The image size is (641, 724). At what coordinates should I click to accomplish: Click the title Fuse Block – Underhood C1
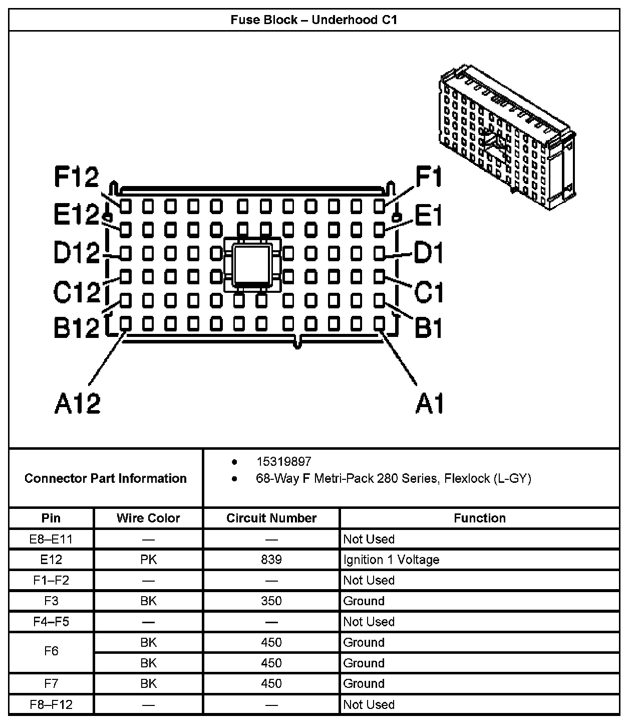coord(313,20)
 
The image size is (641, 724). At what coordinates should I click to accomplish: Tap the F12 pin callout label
coord(77,177)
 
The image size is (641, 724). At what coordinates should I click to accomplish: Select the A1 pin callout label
coord(429,403)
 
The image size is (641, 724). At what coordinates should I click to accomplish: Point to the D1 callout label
coord(428,253)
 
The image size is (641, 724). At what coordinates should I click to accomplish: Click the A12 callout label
coord(77,403)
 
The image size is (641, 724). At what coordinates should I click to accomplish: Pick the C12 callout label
coord(77,292)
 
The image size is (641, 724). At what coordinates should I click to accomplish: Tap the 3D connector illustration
coord(507,135)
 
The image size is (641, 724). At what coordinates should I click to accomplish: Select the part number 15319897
coord(283,461)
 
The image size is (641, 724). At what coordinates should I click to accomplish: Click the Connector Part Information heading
coord(105,478)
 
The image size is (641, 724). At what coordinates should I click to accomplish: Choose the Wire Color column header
coord(148,518)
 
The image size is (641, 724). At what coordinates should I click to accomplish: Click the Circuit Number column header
coord(271,518)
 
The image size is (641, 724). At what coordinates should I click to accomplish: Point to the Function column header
coord(479,518)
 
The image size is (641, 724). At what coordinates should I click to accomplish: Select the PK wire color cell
coord(148,560)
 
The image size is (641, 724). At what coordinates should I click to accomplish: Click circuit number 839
coord(271,560)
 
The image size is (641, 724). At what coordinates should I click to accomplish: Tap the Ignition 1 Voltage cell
coord(391,560)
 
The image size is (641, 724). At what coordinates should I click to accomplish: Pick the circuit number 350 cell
coord(271,601)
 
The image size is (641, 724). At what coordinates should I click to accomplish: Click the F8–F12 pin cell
coord(51,704)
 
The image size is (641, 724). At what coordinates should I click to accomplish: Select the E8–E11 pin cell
coord(51,539)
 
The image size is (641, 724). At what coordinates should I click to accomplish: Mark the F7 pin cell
coord(51,683)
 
